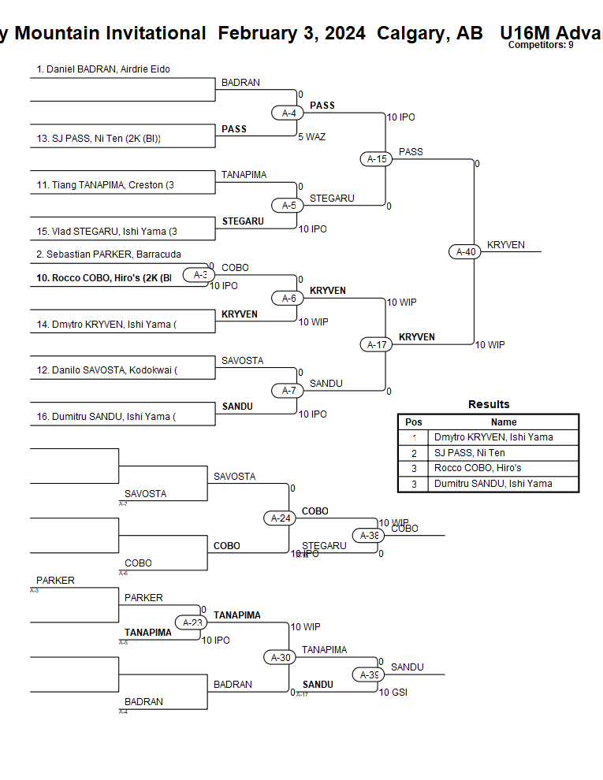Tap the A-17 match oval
click(x=377, y=344)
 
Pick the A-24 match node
click(x=281, y=518)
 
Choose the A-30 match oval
click(x=281, y=657)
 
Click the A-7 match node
click(x=288, y=391)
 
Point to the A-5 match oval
click(x=288, y=206)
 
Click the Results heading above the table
click(x=489, y=404)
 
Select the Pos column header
click(x=414, y=422)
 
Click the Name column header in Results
click(x=504, y=422)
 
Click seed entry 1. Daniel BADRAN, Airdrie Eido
click(x=103, y=69)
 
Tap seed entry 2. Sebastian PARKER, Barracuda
click(x=109, y=254)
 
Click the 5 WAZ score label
click(x=311, y=137)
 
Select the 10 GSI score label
click(x=393, y=693)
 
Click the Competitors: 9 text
click(x=540, y=45)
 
